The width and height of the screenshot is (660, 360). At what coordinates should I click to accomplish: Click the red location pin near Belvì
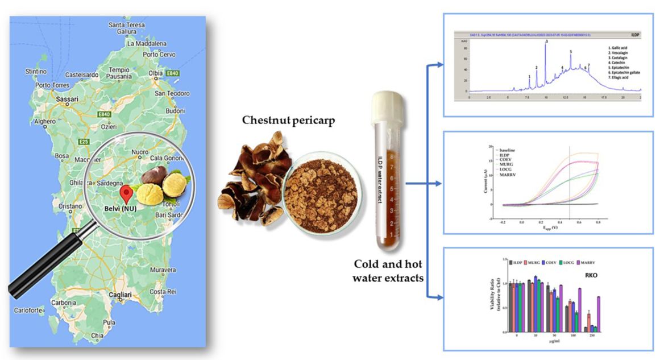(x=129, y=194)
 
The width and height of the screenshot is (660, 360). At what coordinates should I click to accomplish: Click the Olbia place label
(x=155, y=73)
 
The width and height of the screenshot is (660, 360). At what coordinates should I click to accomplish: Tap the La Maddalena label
(x=147, y=43)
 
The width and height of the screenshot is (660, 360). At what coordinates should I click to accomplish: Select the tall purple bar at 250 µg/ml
(x=598, y=313)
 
